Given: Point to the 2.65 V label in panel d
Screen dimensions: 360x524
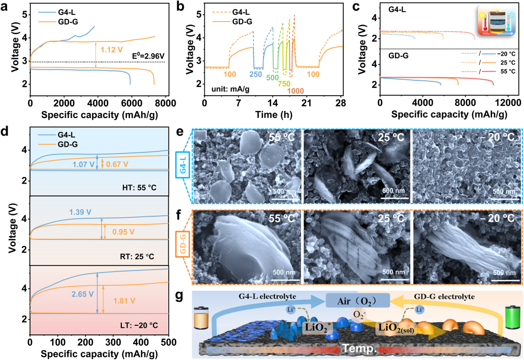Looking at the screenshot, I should point(83,294).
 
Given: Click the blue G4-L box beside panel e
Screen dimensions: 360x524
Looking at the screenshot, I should point(183,166).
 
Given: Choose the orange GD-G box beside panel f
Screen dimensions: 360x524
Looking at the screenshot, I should point(183,237).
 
